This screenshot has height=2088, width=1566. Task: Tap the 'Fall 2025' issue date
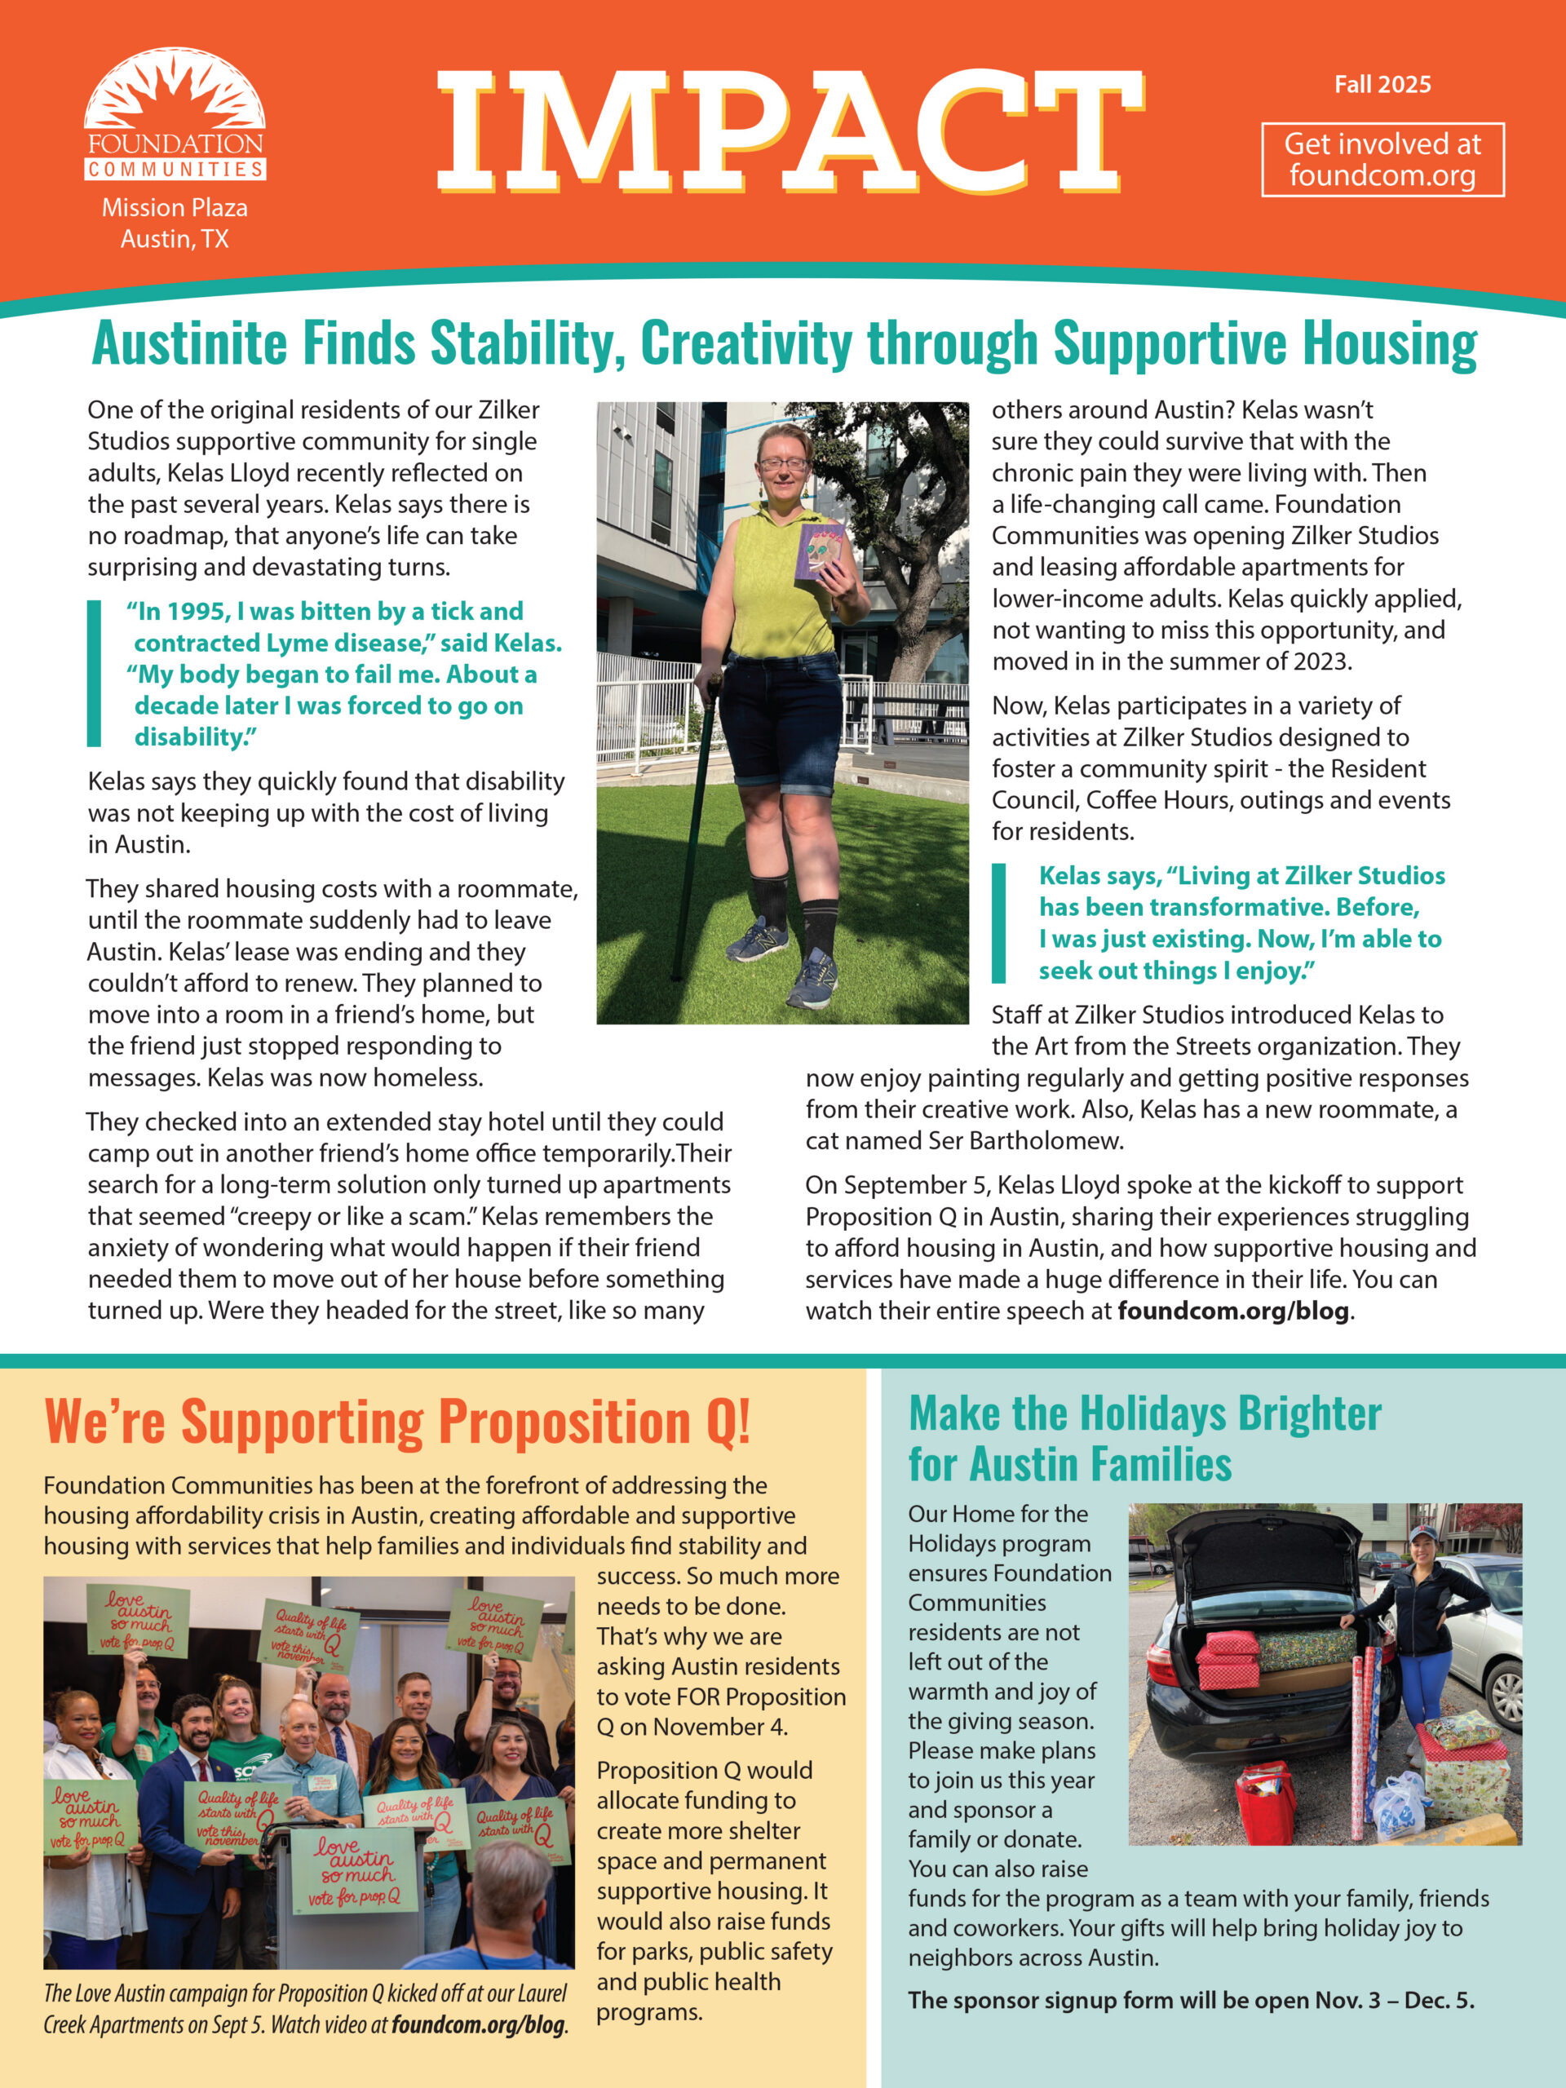pyautogui.click(x=1382, y=85)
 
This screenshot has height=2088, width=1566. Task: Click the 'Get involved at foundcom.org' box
pyautogui.click(x=1382, y=160)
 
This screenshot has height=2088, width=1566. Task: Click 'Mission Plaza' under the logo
pyautogui.click(x=175, y=208)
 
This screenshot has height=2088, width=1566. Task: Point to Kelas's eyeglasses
pyautogui.click(x=781, y=463)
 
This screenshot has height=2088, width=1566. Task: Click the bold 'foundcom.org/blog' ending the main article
pyautogui.click(x=1232, y=1312)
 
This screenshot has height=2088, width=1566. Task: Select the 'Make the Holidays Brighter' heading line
pyautogui.click(x=1144, y=1413)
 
